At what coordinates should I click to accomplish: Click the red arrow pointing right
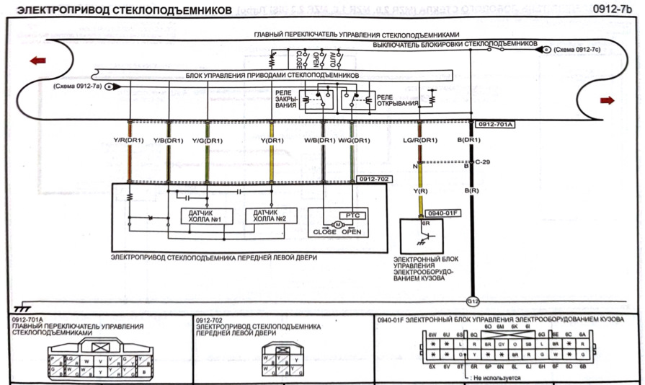[607, 100]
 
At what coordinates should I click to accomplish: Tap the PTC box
[352, 215]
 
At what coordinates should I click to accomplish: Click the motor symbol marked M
[335, 224]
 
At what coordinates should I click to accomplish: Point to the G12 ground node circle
[473, 301]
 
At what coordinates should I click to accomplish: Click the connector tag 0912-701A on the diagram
[494, 124]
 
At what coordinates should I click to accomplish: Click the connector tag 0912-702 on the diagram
[368, 177]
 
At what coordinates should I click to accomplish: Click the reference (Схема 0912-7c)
[577, 49]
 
